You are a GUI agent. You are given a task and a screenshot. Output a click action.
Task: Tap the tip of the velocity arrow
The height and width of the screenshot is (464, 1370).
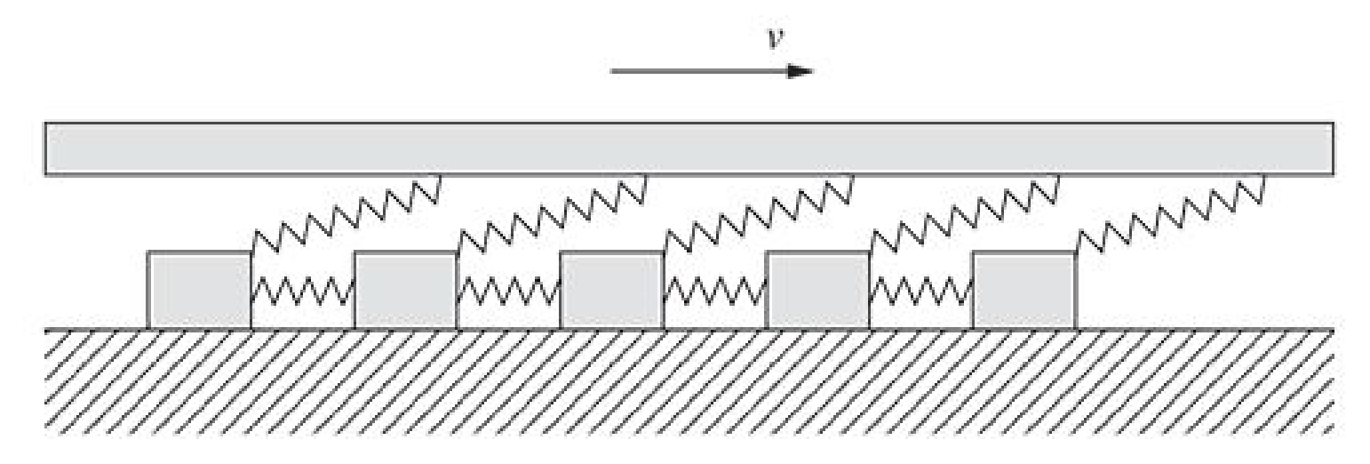pyautogui.click(x=811, y=71)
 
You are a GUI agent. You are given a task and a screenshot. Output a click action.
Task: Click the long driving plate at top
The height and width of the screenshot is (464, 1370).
pyautogui.click(x=689, y=148)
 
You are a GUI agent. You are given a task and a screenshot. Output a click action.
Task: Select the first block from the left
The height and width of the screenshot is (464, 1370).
pyautogui.click(x=199, y=290)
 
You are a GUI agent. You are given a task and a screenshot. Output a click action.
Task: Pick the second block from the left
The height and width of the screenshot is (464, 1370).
pyautogui.click(x=405, y=290)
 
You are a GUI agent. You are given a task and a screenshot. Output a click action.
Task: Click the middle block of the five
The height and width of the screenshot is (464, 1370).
pyautogui.click(x=611, y=290)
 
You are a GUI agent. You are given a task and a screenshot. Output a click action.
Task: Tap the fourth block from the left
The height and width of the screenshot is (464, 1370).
pyautogui.click(x=817, y=290)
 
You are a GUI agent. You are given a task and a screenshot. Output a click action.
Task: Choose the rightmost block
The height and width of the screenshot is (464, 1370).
pyautogui.click(x=1024, y=290)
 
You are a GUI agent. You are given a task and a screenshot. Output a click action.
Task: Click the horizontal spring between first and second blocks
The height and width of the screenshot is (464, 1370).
pyautogui.click(x=302, y=291)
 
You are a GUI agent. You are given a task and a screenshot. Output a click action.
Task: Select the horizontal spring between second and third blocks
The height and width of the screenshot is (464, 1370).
pyautogui.click(x=508, y=291)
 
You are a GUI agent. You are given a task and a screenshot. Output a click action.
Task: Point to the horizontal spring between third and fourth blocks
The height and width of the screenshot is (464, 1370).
pyautogui.click(x=714, y=291)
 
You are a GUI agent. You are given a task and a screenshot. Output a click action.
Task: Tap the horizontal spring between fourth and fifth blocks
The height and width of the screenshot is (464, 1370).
pyautogui.click(x=920, y=291)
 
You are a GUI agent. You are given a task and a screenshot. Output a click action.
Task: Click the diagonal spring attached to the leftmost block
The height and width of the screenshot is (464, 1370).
pyautogui.click(x=346, y=213)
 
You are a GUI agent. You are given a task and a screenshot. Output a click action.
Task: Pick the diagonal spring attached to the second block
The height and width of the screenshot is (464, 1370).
pyautogui.click(x=553, y=213)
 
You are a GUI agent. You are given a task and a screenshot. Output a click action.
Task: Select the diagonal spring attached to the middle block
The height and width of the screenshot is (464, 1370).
pyautogui.click(x=759, y=213)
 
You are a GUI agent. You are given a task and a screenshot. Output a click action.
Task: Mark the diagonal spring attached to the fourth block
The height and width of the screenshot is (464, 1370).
pyautogui.click(x=965, y=213)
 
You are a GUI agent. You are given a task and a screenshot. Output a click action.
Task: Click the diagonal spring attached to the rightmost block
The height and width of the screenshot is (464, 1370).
pyautogui.click(x=1171, y=213)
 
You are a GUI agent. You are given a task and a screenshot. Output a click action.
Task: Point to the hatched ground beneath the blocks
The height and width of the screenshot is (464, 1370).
pyautogui.click(x=689, y=382)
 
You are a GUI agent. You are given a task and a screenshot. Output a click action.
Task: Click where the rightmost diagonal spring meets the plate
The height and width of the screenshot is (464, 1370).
pyautogui.click(x=1263, y=177)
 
